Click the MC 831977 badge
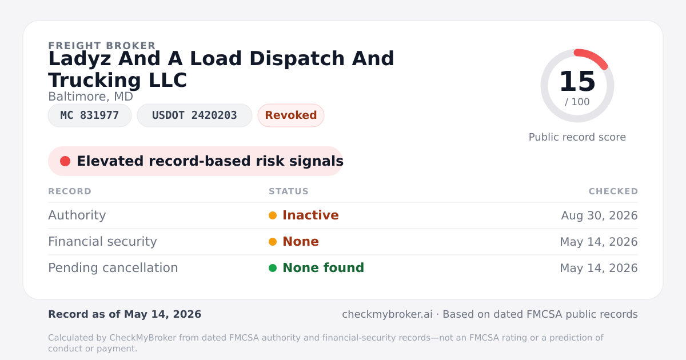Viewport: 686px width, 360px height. coord(90,115)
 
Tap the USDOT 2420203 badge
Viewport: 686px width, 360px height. coord(194,115)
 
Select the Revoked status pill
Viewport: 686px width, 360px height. coord(291,115)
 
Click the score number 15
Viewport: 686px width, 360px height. coord(577,81)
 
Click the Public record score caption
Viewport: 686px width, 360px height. coord(577,137)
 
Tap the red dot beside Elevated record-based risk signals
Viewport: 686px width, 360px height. coord(65,161)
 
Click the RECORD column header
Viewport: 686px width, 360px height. coord(70,191)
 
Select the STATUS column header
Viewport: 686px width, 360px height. coord(289,191)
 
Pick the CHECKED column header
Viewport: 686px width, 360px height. coord(613,191)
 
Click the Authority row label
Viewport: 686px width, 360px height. coord(77,215)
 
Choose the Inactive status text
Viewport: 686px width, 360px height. coord(310,215)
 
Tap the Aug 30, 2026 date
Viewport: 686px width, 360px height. coord(599,215)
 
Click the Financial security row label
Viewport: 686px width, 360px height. coord(102,242)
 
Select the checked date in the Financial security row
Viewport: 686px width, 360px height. coord(599,242)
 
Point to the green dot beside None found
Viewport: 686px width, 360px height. coord(273,268)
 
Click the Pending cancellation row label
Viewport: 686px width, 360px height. coord(113,268)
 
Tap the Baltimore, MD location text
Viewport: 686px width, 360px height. coord(91,97)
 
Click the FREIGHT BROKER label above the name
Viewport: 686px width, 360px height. coord(102,46)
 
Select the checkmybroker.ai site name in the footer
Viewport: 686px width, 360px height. coord(387,314)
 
